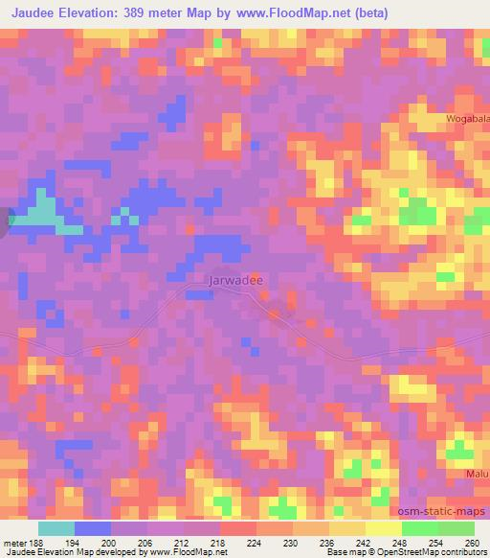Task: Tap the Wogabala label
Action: click(465, 118)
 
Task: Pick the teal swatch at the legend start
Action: click(56, 529)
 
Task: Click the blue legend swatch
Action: click(93, 529)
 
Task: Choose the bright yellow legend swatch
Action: click(384, 529)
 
